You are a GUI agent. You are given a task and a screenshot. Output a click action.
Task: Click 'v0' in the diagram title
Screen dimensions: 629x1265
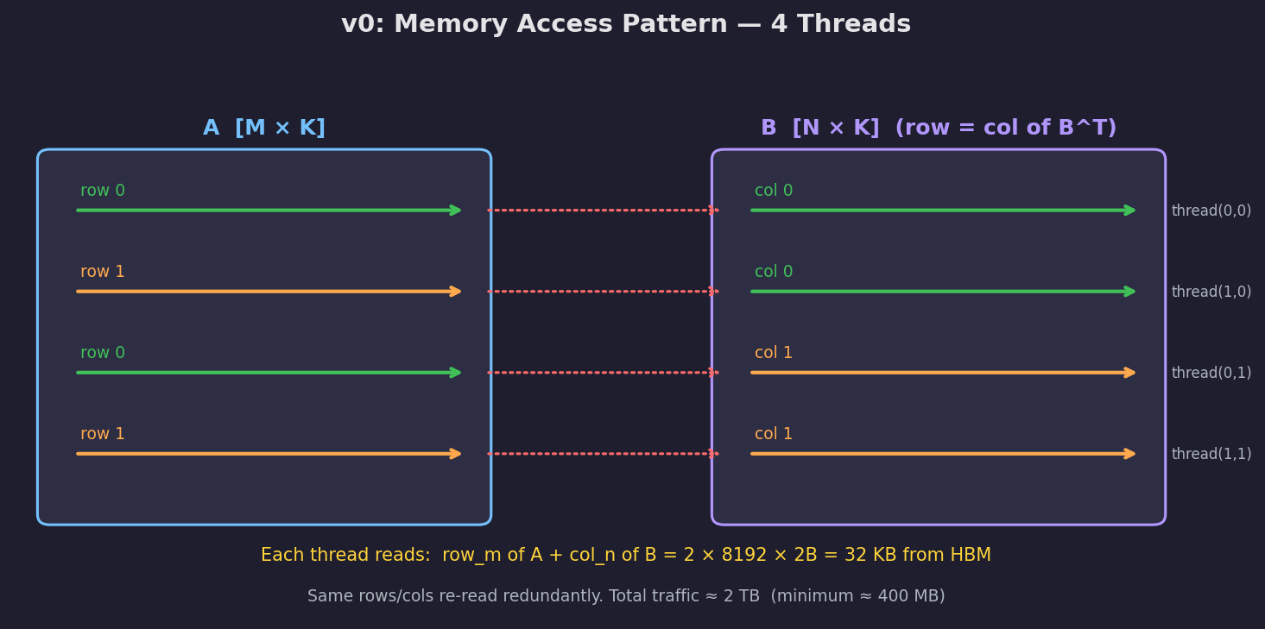358,25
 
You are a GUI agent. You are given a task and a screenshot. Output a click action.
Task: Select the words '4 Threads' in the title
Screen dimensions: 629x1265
840,25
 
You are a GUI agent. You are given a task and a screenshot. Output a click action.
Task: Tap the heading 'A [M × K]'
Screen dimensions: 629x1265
264,129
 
